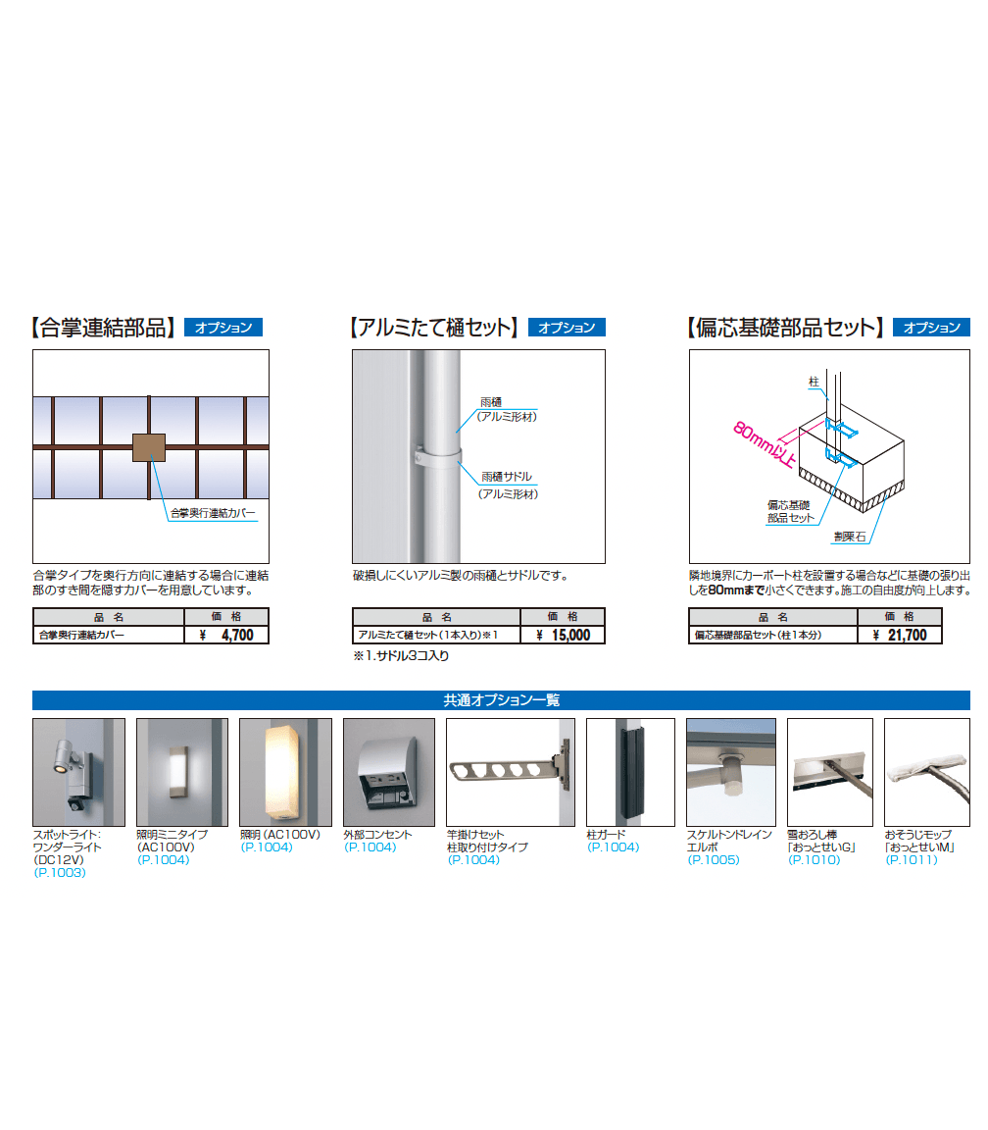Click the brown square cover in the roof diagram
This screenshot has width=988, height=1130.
point(149,447)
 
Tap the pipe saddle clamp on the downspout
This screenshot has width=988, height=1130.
point(436,456)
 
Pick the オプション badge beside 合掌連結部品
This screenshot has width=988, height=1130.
point(223,328)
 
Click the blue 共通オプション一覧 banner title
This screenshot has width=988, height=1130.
point(501,700)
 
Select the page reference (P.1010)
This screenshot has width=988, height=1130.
point(814,860)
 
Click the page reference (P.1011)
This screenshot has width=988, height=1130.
point(912,860)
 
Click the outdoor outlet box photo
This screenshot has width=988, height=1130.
point(387,772)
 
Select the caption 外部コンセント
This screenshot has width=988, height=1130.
point(377,835)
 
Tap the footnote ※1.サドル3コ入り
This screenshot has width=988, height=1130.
point(401,657)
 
